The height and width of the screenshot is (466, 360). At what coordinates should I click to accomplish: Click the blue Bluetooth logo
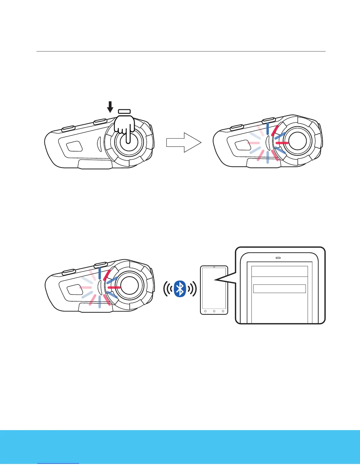[180, 289]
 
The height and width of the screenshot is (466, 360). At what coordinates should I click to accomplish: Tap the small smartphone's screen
[214, 287]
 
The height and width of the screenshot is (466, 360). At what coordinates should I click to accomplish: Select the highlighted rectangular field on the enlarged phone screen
[279, 289]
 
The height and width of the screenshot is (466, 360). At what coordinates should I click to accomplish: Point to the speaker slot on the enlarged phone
[278, 258]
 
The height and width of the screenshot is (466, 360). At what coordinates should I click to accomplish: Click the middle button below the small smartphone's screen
[214, 311]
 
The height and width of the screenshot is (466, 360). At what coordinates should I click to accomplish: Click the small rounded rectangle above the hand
[124, 111]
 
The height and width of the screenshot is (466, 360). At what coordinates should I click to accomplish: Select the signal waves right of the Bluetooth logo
[192, 289]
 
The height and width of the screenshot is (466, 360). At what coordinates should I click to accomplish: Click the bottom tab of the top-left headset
[95, 164]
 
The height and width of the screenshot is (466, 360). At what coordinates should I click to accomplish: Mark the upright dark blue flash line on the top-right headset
[268, 129]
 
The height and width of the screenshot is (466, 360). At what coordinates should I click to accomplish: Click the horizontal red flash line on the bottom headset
[114, 287]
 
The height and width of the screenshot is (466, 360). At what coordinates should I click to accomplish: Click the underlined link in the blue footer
[59, 463]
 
